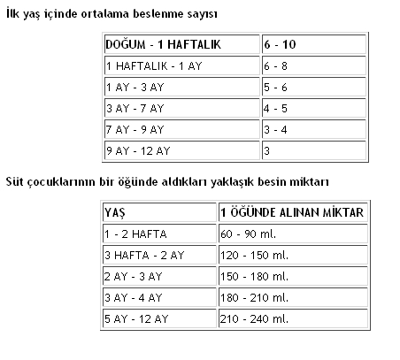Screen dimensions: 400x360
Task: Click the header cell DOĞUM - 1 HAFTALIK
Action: coord(163,43)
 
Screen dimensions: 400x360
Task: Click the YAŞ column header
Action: coord(114,213)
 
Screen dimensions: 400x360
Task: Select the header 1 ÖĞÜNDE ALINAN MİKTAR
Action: coord(292,213)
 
